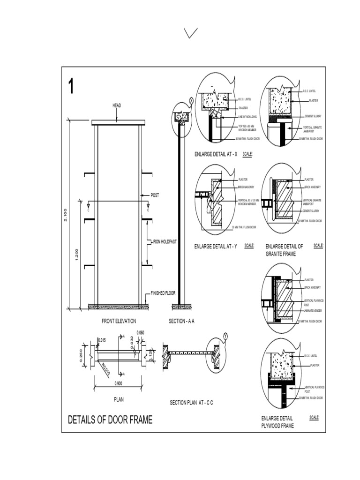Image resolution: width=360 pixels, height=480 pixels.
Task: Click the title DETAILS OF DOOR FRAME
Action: [110, 420]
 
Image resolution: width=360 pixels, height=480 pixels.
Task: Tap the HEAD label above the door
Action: [117, 106]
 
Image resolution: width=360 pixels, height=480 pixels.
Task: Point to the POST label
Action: [154, 195]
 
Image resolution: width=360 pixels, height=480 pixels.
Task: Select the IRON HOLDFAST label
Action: [164, 242]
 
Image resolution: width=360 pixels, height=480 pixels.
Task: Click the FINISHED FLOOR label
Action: [163, 293]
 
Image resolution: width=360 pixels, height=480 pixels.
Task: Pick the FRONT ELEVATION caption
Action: [119, 321]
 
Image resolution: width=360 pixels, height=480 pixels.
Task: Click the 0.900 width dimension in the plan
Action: [119, 383]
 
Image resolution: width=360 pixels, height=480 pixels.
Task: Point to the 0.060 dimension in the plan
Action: [140, 333]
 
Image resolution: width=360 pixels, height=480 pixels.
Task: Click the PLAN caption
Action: [119, 400]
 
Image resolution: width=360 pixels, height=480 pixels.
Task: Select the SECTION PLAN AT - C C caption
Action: [191, 403]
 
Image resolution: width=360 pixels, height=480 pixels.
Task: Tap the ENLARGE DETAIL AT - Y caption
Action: [216, 246]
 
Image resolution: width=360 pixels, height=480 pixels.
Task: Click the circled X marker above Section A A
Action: [191, 100]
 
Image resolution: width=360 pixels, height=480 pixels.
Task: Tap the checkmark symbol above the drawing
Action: [190, 33]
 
